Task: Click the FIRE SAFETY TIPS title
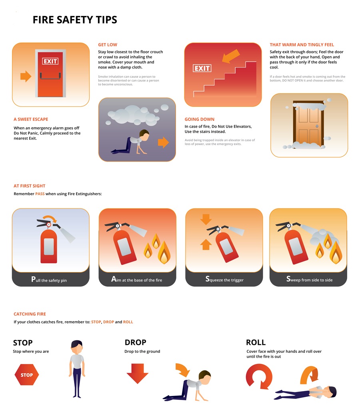pos(75,20)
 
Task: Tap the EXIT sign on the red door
pos(50,61)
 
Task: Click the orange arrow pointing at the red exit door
pos(26,76)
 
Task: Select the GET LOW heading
pos(108,45)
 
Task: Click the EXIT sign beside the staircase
pos(202,68)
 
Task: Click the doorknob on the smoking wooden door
pos(317,126)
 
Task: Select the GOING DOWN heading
pos(199,119)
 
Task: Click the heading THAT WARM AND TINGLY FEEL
pos(302,45)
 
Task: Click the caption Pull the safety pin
pos(49,280)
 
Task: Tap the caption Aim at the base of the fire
pos(137,280)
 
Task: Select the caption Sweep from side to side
pos(309,280)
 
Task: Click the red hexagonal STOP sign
pos(26,375)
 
